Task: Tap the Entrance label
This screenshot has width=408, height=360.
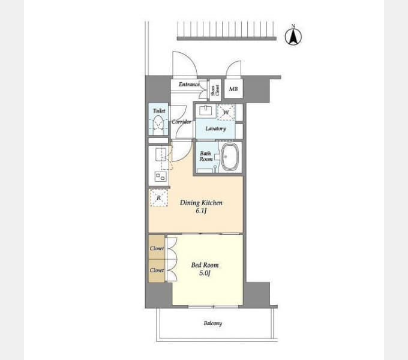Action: [189, 85]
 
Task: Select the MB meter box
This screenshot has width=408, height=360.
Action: [233, 90]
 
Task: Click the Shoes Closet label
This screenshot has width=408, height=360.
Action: [214, 90]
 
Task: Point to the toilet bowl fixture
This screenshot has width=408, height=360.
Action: [158, 125]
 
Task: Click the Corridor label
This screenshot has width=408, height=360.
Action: [181, 122]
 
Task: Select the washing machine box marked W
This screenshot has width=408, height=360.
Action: [226, 112]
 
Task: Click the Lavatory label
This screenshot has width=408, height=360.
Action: [215, 128]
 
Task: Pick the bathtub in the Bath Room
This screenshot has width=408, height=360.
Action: [229, 157]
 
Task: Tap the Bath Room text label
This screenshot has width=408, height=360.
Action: [206, 156]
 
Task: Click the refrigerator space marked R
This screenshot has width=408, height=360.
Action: [158, 198]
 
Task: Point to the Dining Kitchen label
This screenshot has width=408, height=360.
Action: [201, 203]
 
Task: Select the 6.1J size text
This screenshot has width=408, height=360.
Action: [201, 212]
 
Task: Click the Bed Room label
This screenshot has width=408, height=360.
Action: [205, 265]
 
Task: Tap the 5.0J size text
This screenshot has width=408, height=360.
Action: [205, 274]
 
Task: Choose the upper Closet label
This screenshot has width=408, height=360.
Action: [157, 248]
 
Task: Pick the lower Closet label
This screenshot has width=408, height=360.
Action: [157, 270]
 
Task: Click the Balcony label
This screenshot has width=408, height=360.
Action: [212, 323]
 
